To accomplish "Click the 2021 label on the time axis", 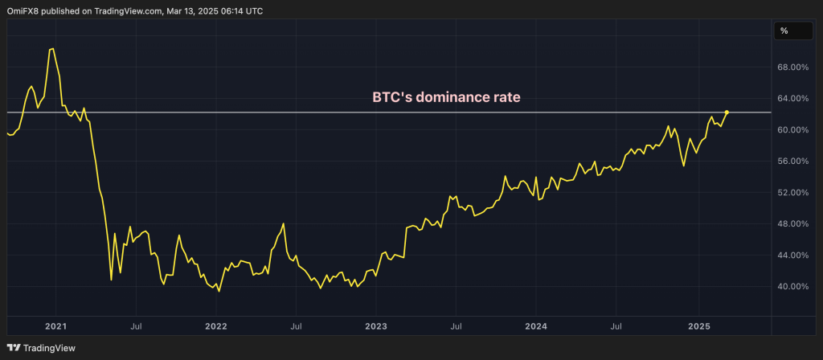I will point(55,326).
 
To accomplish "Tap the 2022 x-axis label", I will point(215,326).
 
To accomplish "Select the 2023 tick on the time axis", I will point(376,326).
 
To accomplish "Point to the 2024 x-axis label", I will point(536,326).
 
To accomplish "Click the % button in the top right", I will point(784,31).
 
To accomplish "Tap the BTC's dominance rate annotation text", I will point(446,97).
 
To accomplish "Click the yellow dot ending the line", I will point(727,112).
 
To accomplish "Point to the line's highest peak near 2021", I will point(52,49).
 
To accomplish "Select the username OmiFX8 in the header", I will point(24,11).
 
